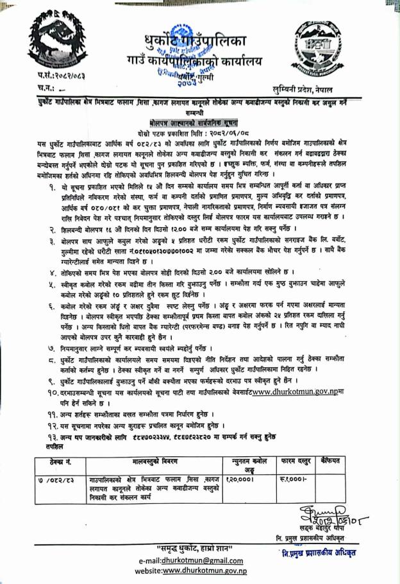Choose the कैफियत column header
(x=348, y=461)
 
